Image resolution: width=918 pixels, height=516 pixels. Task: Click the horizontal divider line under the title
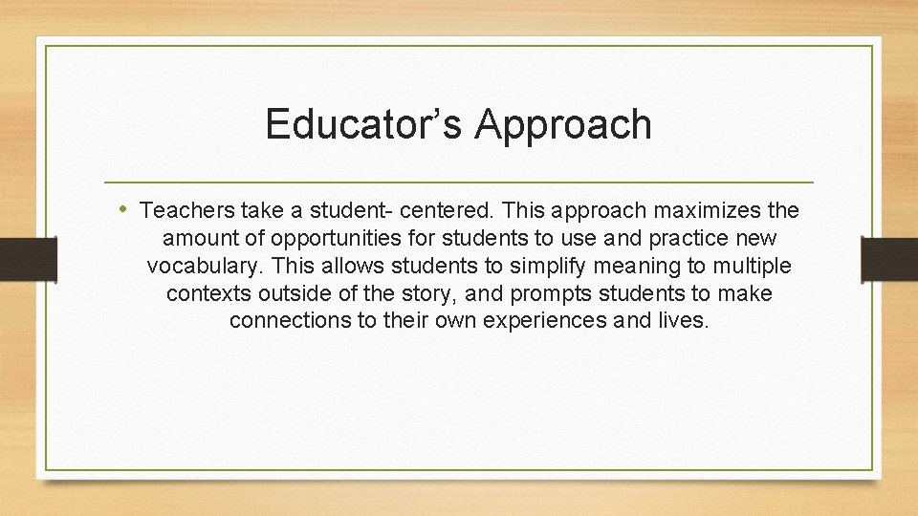click(459, 182)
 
